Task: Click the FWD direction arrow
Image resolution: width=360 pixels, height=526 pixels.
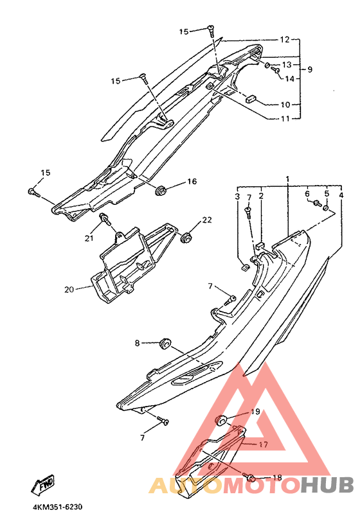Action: click(x=42, y=485)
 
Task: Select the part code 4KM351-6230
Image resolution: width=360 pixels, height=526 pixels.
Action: click(x=57, y=507)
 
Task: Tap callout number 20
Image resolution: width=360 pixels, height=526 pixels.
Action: click(x=69, y=289)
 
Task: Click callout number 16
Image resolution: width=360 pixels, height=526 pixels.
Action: click(x=192, y=182)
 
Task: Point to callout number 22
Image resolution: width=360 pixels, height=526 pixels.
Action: click(x=207, y=220)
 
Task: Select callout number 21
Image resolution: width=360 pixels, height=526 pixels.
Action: click(x=89, y=238)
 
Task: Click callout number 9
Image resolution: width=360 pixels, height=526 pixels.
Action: click(x=310, y=69)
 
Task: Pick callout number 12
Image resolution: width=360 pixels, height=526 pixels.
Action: click(x=284, y=40)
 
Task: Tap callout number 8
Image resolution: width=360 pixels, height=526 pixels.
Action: click(x=137, y=343)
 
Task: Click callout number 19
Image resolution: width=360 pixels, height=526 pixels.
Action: click(x=256, y=412)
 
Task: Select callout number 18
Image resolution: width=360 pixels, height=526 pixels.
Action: click(x=277, y=478)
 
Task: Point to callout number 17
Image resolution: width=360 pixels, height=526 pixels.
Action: click(x=264, y=444)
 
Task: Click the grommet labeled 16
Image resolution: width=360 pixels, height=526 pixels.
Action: click(x=161, y=190)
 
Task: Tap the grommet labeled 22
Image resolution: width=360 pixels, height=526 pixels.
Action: click(x=186, y=237)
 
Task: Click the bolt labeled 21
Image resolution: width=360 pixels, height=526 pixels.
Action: click(x=106, y=220)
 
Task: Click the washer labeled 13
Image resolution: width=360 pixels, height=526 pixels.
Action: click(x=267, y=65)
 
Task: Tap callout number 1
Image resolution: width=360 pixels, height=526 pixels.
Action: click(x=287, y=178)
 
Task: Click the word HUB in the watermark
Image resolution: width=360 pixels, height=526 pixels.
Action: click(x=327, y=485)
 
